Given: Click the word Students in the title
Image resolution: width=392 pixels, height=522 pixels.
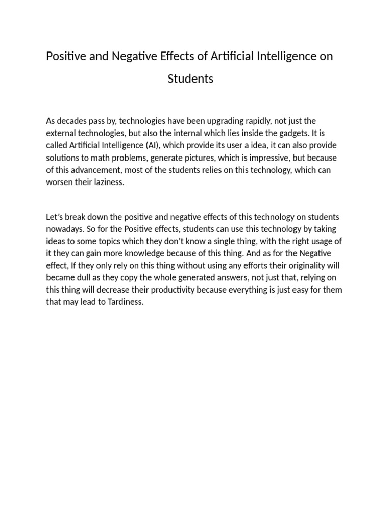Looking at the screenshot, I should tap(190, 79).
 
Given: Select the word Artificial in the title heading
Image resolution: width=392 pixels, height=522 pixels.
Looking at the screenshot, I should tap(231, 56).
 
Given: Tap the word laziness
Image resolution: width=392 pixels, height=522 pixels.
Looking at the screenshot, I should tap(107, 182).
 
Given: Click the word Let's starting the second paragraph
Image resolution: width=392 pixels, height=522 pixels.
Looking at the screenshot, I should tap(56, 217).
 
